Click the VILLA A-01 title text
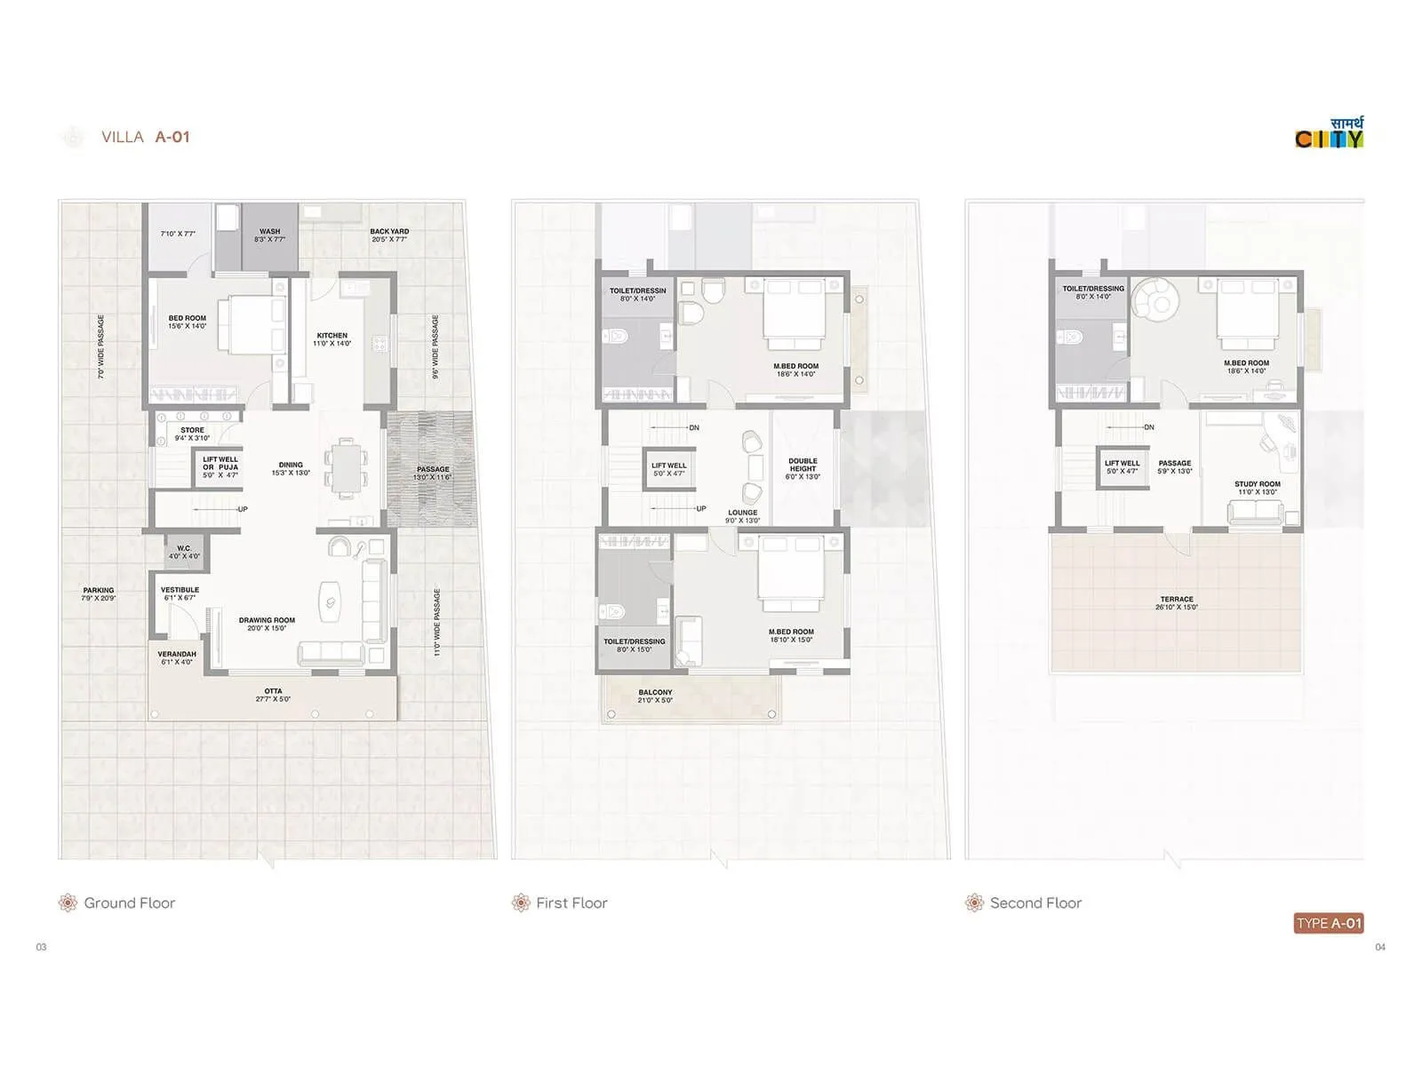(x=145, y=137)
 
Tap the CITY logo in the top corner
(x=1329, y=134)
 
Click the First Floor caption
(x=571, y=903)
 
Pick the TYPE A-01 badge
(x=1329, y=923)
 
